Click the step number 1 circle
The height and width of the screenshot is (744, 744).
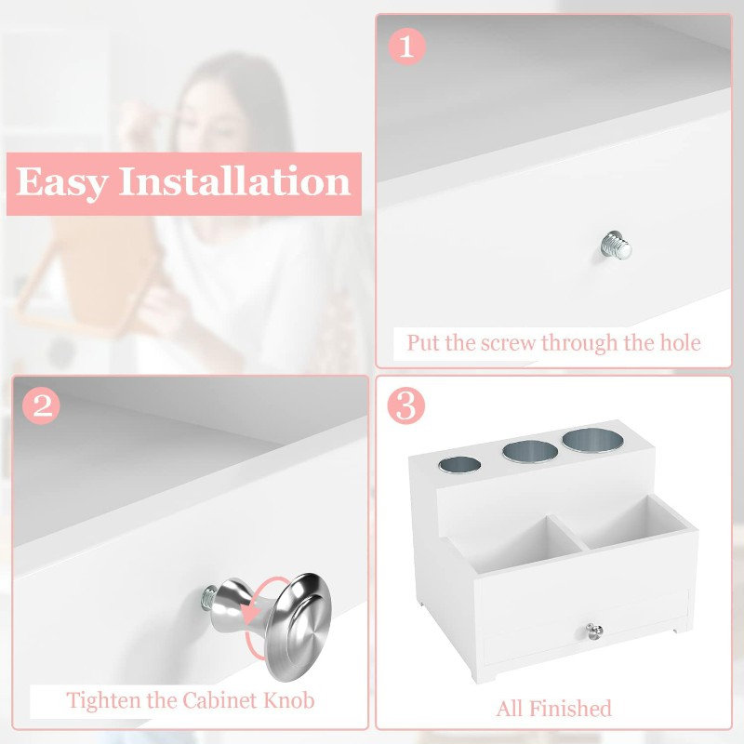pyautogui.click(x=406, y=46)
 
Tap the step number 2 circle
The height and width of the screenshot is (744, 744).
pyautogui.click(x=41, y=405)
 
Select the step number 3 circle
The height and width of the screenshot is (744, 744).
pyautogui.click(x=405, y=405)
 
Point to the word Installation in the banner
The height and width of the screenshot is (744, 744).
pyautogui.click(x=235, y=180)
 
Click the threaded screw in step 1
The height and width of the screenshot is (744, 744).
pyautogui.click(x=616, y=246)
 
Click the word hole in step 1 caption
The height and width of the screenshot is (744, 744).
pyautogui.click(x=681, y=342)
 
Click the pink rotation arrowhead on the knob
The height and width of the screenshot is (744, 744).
pyautogui.click(x=251, y=614)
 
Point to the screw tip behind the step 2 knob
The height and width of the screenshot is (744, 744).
pyautogui.click(x=208, y=598)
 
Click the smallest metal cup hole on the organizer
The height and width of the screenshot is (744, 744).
pyautogui.click(x=459, y=465)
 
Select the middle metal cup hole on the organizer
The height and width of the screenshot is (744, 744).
pyautogui.click(x=530, y=452)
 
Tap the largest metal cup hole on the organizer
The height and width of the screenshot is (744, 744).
pyautogui.click(x=592, y=440)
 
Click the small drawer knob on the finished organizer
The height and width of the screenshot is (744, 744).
pyautogui.click(x=594, y=631)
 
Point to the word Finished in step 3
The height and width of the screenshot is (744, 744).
pyautogui.click(x=570, y=709)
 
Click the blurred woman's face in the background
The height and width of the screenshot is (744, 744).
pyautogui.click(x=208, y=113)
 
